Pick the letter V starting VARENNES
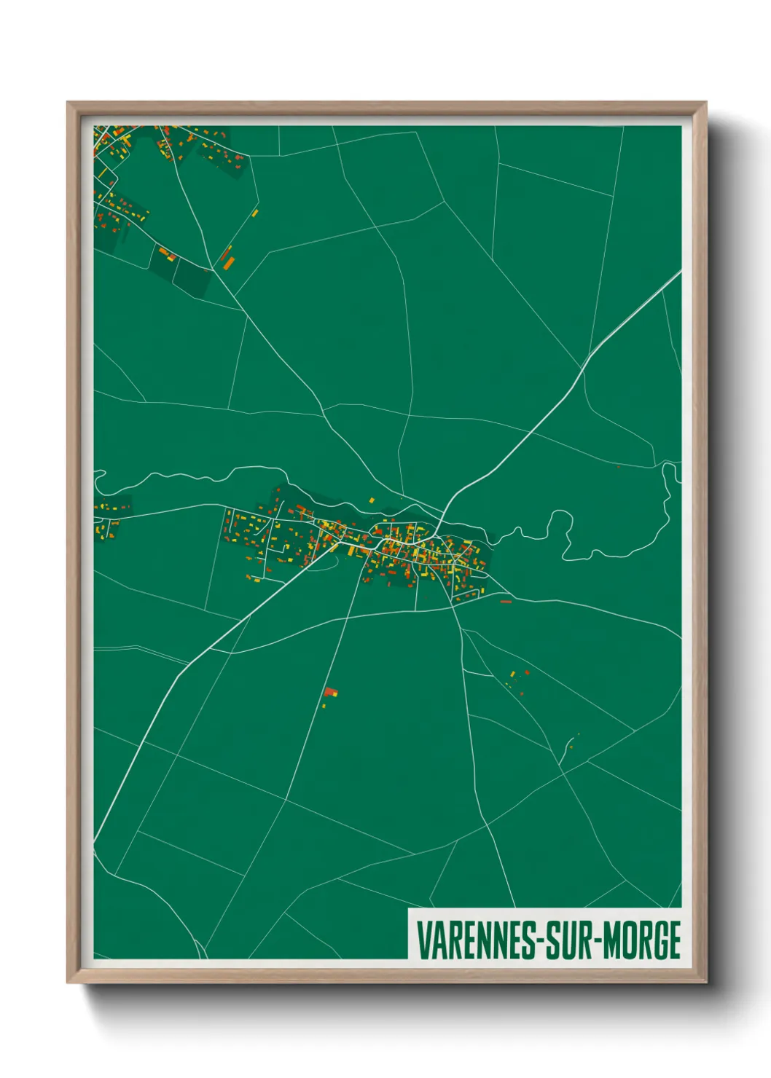tap(423, 940)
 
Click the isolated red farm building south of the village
tap(331, 692)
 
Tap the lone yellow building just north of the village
tap(372, 500)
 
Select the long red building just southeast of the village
tap(506, 602)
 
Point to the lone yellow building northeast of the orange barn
tap(255, 213)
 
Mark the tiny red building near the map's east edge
tap(618, 467)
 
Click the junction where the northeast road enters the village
tap(439, 523)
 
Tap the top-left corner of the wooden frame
tap(68, 103)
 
